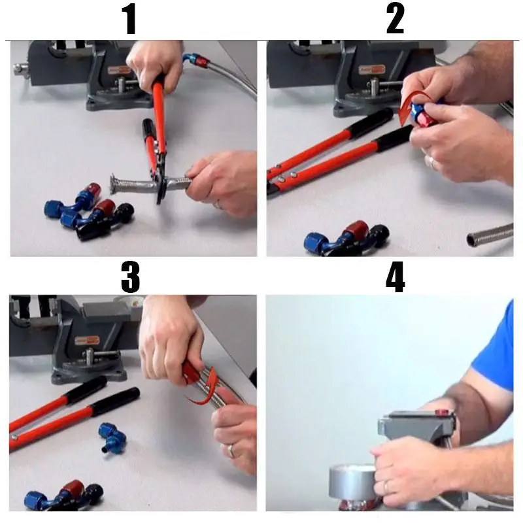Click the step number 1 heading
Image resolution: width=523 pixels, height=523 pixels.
pyautogui.click(x=130, y=20)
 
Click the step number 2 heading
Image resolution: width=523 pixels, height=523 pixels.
pyautogui.click(x=396, y=20)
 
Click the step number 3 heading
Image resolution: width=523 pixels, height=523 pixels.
pyautogui.click(x=130, y=277)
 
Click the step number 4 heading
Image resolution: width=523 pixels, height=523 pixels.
pyautogui.click(x=396, y=277)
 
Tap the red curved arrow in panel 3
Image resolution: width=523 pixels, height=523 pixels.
pyautogui.click(x=207, y=390)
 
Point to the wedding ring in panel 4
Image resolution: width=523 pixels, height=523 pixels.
pyautogui.click(x=386, y=487)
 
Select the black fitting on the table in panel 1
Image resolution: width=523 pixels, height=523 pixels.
pyautogui.click(x=106, y=222)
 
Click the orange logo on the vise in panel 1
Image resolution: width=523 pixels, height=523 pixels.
pyautogui.click(x=120, y=71)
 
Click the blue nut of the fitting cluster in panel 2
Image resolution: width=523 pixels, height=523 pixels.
pyautogui.click(x=315, y=243)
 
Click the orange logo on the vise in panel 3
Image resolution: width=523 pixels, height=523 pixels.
pyautogui.click(x=87, y=341)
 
